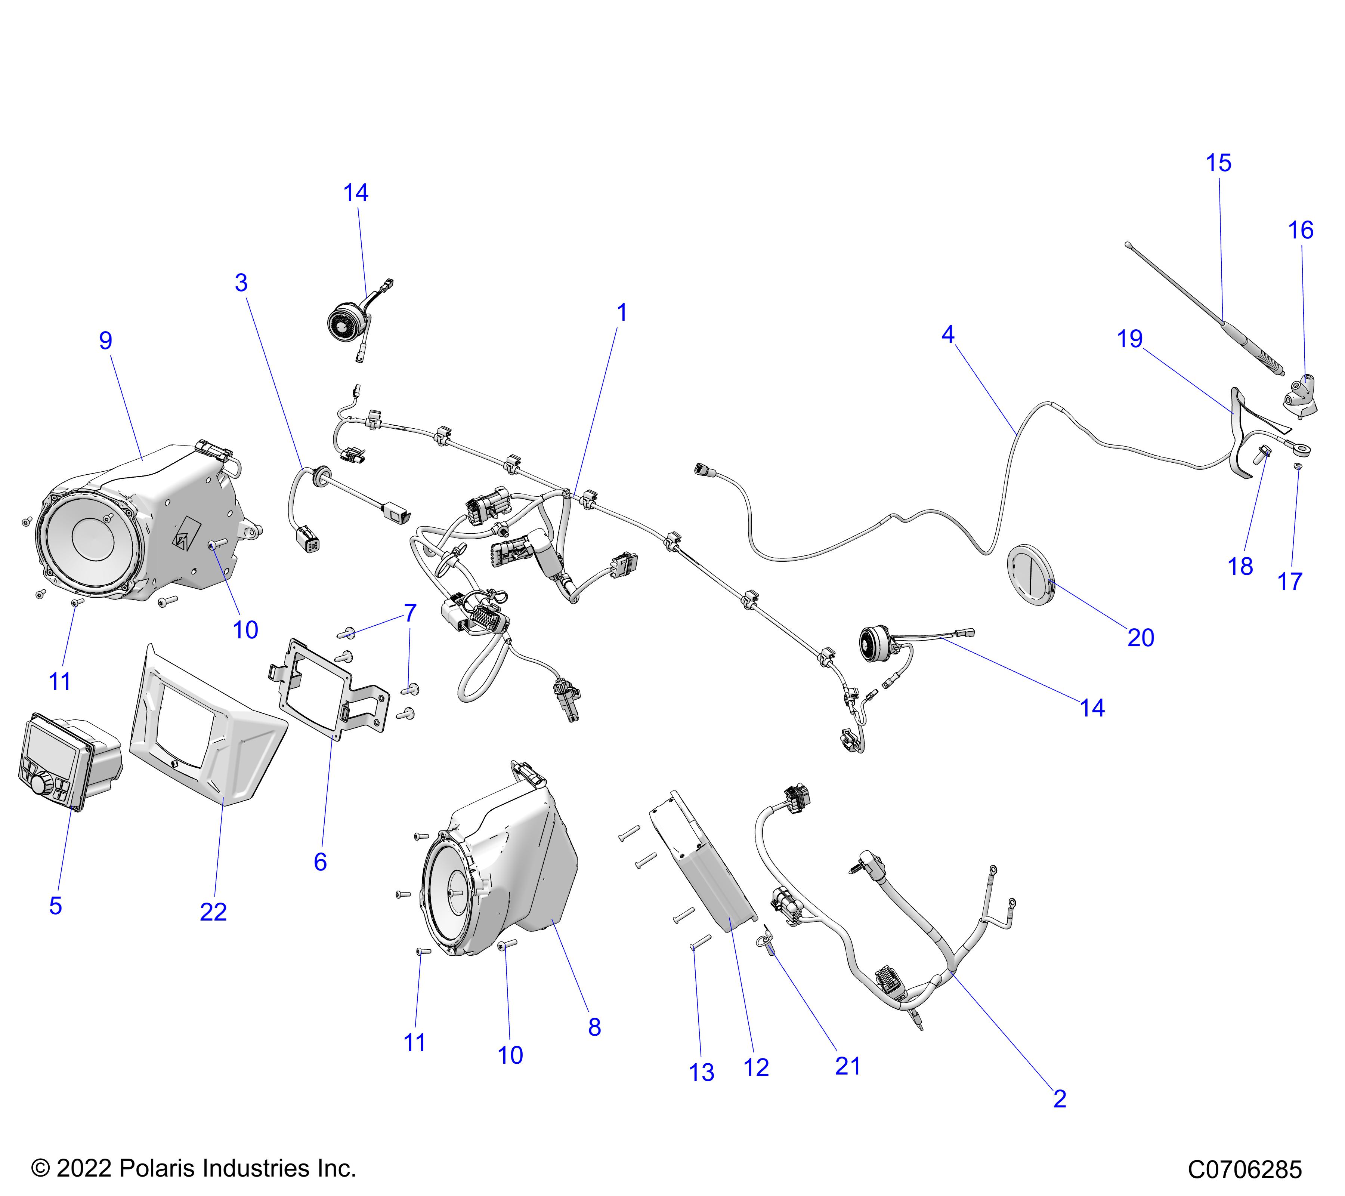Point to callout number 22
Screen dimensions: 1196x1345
pyautogui.click(x=213, y=912)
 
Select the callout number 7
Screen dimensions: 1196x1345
pyautogui.click(x=410, y=613)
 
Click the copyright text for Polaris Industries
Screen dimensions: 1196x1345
pyautogui.click(x=194, y=1168)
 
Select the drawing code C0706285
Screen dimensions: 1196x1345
pyautogui.click(x=1244, y=1169)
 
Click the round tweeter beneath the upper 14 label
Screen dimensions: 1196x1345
pyautogui.click(x=343, y=324)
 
